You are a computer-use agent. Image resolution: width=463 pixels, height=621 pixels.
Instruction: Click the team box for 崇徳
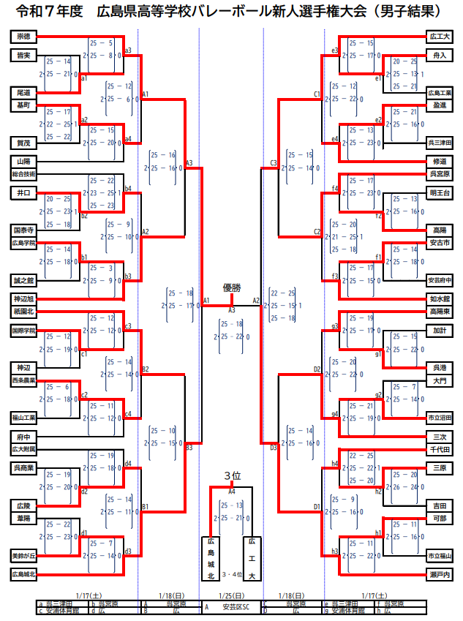point(23,36)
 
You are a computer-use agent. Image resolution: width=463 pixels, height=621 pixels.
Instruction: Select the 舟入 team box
point(440,55)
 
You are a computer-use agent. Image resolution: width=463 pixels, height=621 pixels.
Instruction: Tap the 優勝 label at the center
point(232,288)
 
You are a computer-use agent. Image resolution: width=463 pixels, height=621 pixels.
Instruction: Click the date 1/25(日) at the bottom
point(232,596)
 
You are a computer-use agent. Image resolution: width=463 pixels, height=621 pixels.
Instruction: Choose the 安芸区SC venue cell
point(236,607)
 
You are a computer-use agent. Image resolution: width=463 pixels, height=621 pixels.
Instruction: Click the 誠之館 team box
point(23,280)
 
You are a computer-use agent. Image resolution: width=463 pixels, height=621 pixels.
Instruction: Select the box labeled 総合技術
point(23,174)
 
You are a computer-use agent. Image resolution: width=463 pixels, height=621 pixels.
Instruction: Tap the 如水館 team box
point(440,299)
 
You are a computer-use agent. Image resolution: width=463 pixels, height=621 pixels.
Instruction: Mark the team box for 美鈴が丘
point(23,555)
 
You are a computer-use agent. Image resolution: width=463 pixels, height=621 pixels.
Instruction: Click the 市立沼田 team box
point(440,418)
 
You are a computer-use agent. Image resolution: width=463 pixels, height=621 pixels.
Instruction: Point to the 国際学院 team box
point(23,331)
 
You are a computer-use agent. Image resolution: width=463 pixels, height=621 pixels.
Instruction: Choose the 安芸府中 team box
point(440,280)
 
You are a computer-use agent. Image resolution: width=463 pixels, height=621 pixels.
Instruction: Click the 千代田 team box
point(440,448)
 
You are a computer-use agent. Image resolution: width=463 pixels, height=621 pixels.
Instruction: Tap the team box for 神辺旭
point(23,299)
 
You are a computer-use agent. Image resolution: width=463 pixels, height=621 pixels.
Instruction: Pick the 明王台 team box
point(440,192)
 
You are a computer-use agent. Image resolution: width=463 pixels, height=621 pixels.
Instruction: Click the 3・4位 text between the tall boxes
point(232,575)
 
